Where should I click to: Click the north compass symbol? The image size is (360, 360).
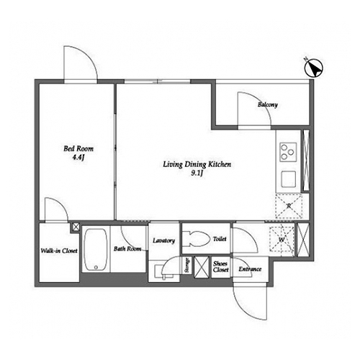(313, 68)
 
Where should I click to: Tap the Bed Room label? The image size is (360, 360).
(78, 149)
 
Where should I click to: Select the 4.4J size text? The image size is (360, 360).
(78, 158)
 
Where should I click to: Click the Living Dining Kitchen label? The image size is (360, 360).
(197, 164)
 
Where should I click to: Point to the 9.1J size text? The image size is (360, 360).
(197, 174)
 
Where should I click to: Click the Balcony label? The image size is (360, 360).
(268, 104)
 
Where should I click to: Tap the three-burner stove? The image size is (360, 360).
(288, 152)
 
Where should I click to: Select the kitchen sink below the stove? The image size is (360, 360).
(289, 179)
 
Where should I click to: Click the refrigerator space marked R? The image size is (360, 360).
(289, 206)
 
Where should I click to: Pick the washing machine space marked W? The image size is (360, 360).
(282, 239)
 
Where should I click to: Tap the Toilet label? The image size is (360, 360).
(220, 239)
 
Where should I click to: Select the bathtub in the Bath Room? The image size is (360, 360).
(96, 250)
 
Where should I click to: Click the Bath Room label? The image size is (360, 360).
(127, 249)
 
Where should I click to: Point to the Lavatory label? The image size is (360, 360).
(164, 240)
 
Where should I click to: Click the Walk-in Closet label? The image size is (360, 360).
(59, 251)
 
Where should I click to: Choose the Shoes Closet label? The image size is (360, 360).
(220, 266)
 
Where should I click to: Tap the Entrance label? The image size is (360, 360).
(250, 269)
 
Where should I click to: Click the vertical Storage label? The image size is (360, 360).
(187, 265)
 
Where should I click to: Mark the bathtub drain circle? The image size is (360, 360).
(96, 267)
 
